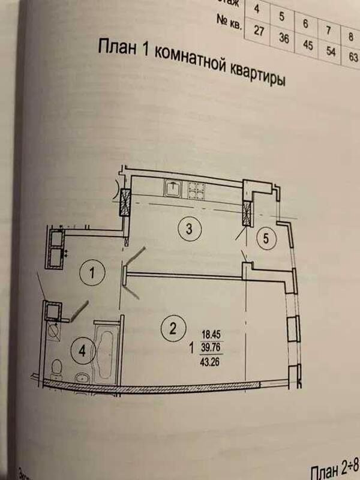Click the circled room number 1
[92, 274]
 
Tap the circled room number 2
[172, 328]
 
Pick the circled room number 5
[267, 238]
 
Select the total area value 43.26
[214, 361]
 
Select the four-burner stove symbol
[197, 190]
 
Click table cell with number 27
[259, 32]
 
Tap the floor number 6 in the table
[306, 25]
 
